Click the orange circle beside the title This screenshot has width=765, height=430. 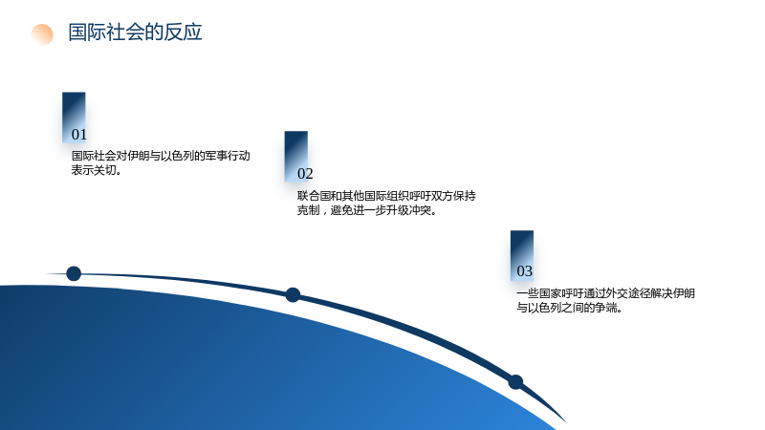pyautogui.click(x=42, y=34)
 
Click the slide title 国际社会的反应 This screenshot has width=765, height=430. pyautogui.click(x=135, y=32)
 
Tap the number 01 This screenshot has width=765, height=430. pyautogui.click(x=79, y=135)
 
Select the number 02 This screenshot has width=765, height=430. pyautogui.click(x=305, y=174)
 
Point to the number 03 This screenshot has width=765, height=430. pyautogui.click(x=524, y=271)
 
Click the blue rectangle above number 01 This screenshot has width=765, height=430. pyautogui.click(x=74, y=117)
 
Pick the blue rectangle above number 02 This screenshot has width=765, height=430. pyautogui.click(x=296, y=156)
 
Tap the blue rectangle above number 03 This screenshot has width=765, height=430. pyautogui.click(x=522, y=255)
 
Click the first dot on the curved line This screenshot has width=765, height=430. pyautogui.click(x=74, y=273)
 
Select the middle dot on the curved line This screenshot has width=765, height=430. pyautogui.click(x=293, y=295)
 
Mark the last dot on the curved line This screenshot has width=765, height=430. pyautogui.click(x=515, y=381)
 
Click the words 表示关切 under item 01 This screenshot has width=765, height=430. pyautogui.click(x=94, y=170)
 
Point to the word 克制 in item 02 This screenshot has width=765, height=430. pyautogui.click(x=308, y=210)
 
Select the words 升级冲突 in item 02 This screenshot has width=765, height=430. pyautogui.click(x=409, y=210)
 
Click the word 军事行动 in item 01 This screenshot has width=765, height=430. pyautogui.click(x=228, y=156)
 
